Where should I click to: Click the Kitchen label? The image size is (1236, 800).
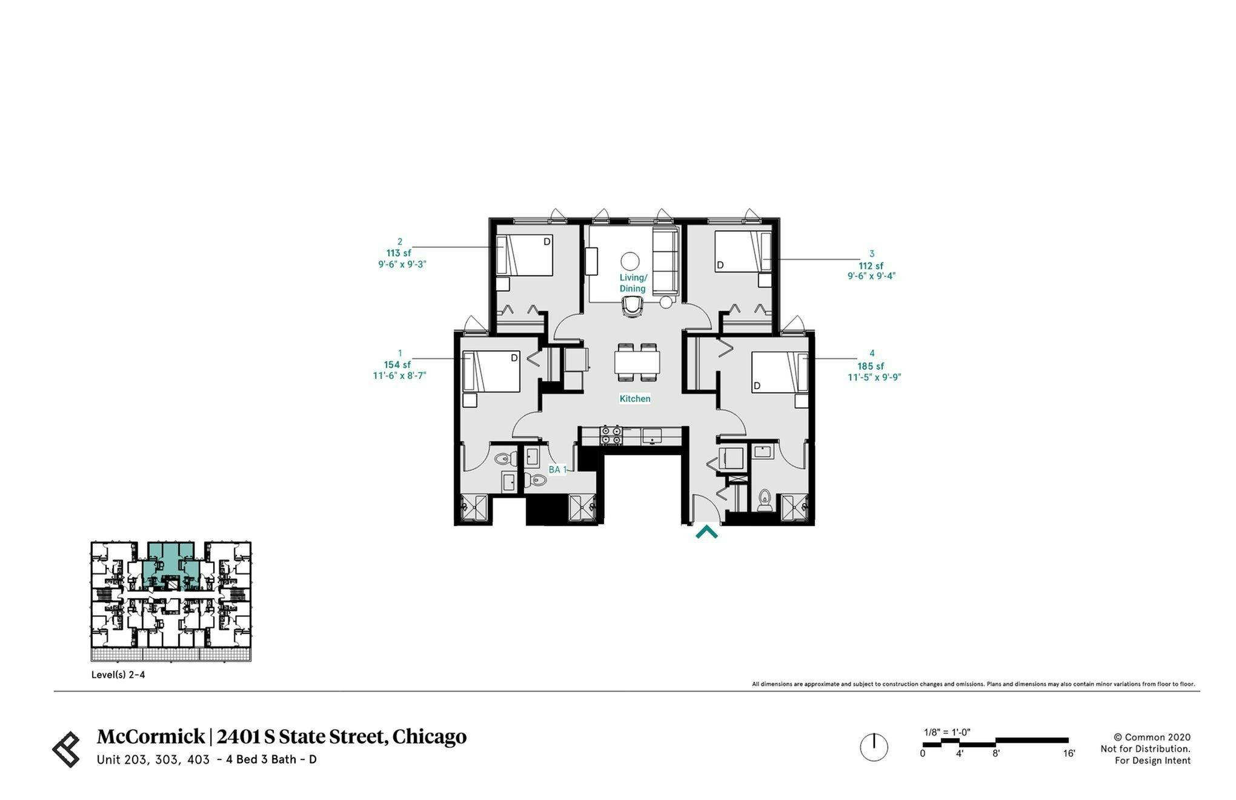[x=634, y=399]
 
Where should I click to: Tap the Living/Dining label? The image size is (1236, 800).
[x=633, y=283]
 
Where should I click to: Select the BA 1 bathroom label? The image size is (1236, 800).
[x=557, y=470]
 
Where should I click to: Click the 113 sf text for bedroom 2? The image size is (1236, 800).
[x=399, y=253]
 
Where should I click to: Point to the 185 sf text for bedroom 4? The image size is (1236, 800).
[x=871, y=366]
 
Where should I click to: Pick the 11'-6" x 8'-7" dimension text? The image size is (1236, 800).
[x=399, y=376]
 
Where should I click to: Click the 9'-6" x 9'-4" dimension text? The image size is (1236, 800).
[x=871, y=276]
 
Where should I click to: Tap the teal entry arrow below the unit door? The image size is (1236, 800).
[x=706, y=533]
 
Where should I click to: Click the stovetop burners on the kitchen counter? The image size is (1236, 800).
[x=611, y=435]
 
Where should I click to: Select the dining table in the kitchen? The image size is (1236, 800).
[x=637, y=362]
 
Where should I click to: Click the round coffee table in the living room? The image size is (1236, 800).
[x=630, y=261]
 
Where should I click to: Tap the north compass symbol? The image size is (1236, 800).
[x=874, y=747]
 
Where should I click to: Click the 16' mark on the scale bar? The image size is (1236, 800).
[x=1068, y=754]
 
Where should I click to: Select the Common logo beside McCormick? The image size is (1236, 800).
[x=66, y=749]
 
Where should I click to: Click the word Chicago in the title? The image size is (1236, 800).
[x=429, y=736]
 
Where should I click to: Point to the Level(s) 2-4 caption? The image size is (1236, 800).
[x=118, y=675]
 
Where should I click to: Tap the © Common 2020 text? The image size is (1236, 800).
[x=1152, y=738]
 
